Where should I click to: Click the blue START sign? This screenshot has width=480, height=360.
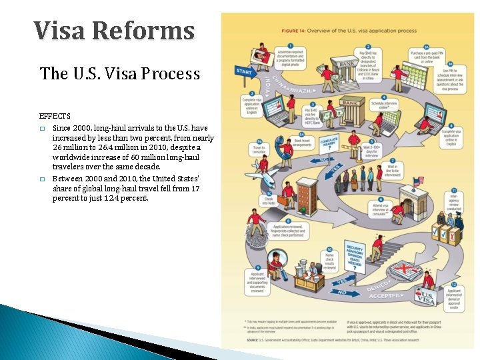click(x=243, y=71)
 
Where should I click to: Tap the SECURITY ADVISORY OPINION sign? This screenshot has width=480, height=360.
click(x=355, y=254)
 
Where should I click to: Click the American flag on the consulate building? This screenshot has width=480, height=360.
click(x=417, y=181)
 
